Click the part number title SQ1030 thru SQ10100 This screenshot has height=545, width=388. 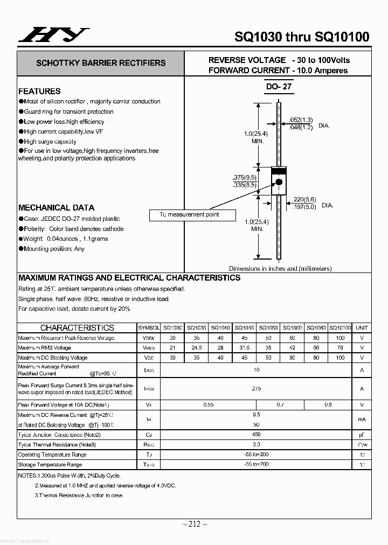(x=302, y=37)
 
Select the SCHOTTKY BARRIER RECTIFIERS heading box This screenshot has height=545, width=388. (x=101, y=63)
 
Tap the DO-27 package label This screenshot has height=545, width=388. (x=279, y=87)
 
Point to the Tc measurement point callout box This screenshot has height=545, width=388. (x=192, y=215)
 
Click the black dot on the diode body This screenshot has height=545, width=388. (x=279, y=182)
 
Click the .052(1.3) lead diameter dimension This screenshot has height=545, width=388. (x=301, y=120)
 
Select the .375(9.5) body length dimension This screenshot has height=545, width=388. (x=245, y=177)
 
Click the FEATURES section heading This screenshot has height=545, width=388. (x=39, y=91)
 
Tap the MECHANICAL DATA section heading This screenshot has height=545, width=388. (x=56, y=207)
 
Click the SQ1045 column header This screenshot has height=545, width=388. (x=245, y=327)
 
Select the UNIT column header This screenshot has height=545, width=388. (x=362, y=327)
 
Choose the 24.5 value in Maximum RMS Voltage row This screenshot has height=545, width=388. (x=197, y=348)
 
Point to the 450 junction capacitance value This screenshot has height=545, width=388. (x=257, y=435)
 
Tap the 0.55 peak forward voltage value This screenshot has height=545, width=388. (x=209, y=404)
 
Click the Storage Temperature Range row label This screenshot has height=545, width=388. (x=50, y=464)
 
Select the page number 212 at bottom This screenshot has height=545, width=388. (x=193, y=524)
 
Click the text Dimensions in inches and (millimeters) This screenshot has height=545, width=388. (x=280, y=268)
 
